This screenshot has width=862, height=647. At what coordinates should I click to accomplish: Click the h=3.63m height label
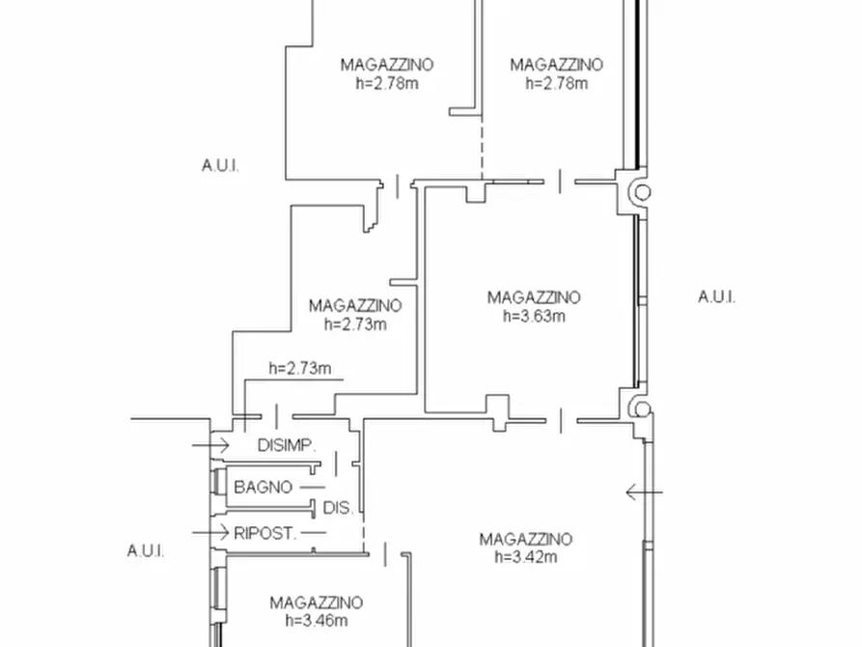tap(533, 316)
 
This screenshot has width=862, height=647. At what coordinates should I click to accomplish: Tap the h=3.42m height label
tap(525, 557)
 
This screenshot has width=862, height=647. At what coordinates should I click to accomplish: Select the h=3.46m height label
tap(316, 621)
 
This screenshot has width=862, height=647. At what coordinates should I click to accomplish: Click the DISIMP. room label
tap(287, 446)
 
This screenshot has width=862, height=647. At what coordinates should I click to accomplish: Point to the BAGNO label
tap(263, 488)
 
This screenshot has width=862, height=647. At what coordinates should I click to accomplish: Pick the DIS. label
tap(337, 508)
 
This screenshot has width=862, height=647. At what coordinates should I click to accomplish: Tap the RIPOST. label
tap(265, 532)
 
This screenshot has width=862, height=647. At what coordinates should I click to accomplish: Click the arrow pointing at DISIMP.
tap(210, 445)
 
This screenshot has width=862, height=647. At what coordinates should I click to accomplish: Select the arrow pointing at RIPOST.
tap(210, 532)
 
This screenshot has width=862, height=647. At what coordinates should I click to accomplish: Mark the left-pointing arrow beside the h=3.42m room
tap(644, 492)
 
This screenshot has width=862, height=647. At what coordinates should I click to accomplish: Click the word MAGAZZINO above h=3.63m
tap(533, 297)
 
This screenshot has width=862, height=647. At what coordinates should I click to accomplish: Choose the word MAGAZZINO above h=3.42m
tap(525, 539)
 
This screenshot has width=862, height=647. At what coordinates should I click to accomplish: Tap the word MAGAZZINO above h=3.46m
tap(316, 603)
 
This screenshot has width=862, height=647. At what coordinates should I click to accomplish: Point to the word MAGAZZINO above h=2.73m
tap(354, 306)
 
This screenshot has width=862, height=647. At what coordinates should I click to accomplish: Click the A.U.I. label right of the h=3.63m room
tap(716, 297)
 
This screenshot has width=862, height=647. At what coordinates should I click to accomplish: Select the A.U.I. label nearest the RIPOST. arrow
tap(146, 551)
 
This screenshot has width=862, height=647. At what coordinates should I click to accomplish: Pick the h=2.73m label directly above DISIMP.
tap(300, 368)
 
